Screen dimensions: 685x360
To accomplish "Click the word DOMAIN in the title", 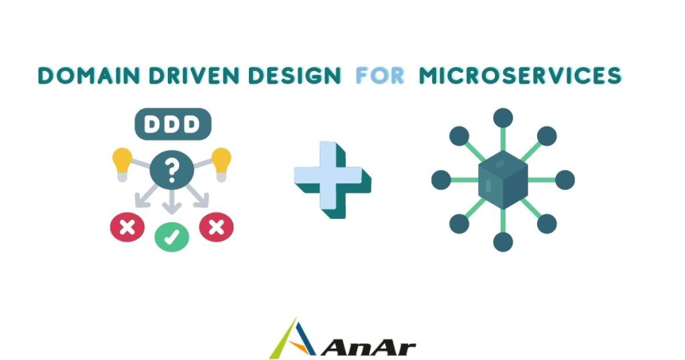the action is point(89,76).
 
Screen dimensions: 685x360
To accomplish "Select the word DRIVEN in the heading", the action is point(194,76).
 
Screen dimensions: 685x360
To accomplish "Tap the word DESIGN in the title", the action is point(295,76).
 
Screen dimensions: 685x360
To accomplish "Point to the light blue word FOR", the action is point(380,76).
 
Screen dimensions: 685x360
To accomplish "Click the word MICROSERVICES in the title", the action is point(520,76).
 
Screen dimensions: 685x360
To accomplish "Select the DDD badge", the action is point(173,124).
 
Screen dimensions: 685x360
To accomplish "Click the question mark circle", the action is point(172,169).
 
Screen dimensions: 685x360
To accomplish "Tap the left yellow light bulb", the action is point(122,164).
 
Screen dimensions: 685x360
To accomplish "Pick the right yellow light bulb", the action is point(221,164).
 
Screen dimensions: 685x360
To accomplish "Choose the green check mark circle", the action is point(172,237).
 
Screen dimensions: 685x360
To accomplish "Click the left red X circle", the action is point(127,228).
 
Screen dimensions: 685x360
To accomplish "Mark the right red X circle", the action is point(216,228).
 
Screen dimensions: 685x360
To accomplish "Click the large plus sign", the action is point(332,179).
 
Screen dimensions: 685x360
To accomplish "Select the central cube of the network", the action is point(503,179).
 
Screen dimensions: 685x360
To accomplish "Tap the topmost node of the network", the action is point(503,118).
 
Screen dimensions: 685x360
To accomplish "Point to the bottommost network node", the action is point(503,242).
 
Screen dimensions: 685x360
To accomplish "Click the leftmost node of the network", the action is point(442,180).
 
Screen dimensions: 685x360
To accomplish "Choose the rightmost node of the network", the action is point(565,180).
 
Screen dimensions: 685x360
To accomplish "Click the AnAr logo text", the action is point(369,348).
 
